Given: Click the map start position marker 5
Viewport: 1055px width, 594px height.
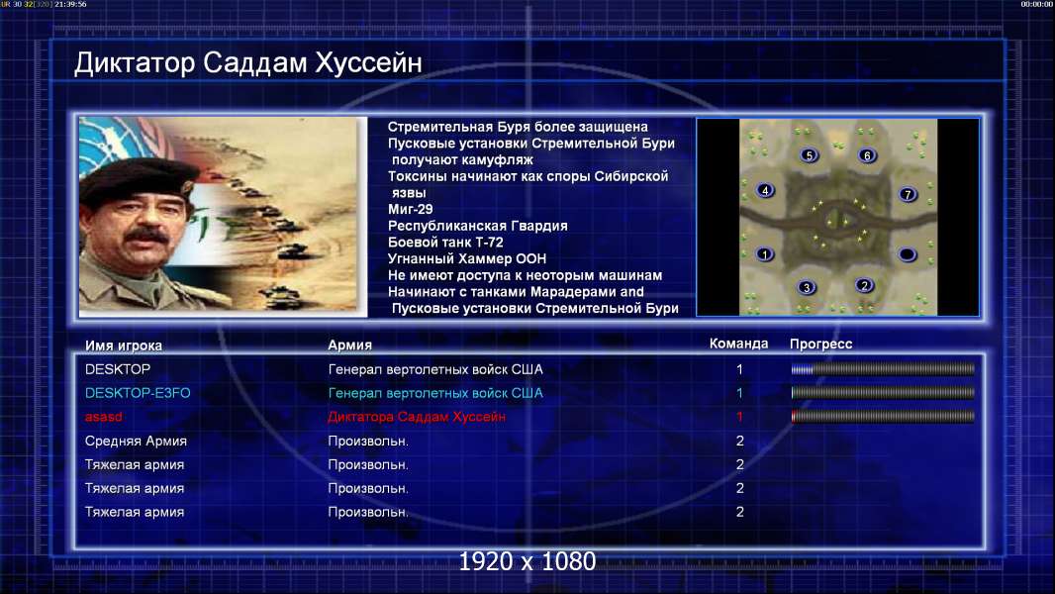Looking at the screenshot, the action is tap(809, 154).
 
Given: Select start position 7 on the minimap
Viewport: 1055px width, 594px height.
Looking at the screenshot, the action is tap(907, 194).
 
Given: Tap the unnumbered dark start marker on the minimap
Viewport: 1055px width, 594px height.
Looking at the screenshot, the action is tap(907, 254).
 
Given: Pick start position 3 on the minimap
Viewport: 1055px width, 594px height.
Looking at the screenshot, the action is tap(806, 287).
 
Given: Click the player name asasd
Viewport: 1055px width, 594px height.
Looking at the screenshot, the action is tap(104, 417).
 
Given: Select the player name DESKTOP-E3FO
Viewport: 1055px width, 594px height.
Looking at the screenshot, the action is tap(138, 393).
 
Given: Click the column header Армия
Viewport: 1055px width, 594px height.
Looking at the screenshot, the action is tap(350, 345).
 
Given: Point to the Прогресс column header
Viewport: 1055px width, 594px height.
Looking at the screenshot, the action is tap(820, 344).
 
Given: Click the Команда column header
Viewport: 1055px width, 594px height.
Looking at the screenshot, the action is tap(738, 344).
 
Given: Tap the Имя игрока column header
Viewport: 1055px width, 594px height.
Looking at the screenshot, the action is tap(123, 346).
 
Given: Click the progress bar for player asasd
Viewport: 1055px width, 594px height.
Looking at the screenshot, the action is tap(883, 417).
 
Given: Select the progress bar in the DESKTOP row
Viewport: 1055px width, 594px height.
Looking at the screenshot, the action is tap(883, 368).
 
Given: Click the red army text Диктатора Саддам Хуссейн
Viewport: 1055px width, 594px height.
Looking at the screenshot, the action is tap(417, 417).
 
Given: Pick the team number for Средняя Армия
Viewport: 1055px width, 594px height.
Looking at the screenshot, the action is tap(739, 441).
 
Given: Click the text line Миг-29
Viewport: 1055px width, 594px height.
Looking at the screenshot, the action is tap(411, 209).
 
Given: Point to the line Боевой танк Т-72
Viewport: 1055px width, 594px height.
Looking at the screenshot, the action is tap(445, 243).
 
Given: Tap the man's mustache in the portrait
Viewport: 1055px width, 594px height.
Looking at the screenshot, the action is tap(146, 237).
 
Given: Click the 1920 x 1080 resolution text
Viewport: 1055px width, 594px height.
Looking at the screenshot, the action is tap(527, 561).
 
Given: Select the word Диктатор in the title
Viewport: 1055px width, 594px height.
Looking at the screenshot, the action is tap(135, 62).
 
